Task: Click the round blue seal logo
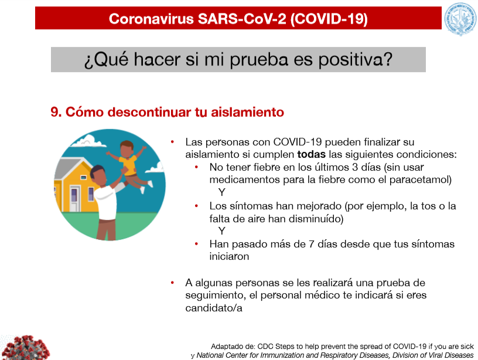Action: [460, 19]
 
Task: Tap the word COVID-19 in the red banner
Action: [329, 19]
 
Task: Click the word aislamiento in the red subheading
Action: [248, 112]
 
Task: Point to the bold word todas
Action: [311, 154]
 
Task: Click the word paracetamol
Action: [421, 179]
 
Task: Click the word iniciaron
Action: [229, 257]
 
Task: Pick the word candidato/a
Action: [214, 308]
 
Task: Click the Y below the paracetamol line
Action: [221, 192]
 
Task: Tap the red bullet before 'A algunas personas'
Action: [172, 283]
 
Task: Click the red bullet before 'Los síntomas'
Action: [197, 206]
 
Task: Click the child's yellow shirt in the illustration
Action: [129, 165]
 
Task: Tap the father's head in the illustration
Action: [98, 175]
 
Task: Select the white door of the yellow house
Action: [74, 198]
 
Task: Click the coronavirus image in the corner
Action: [25, 348]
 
